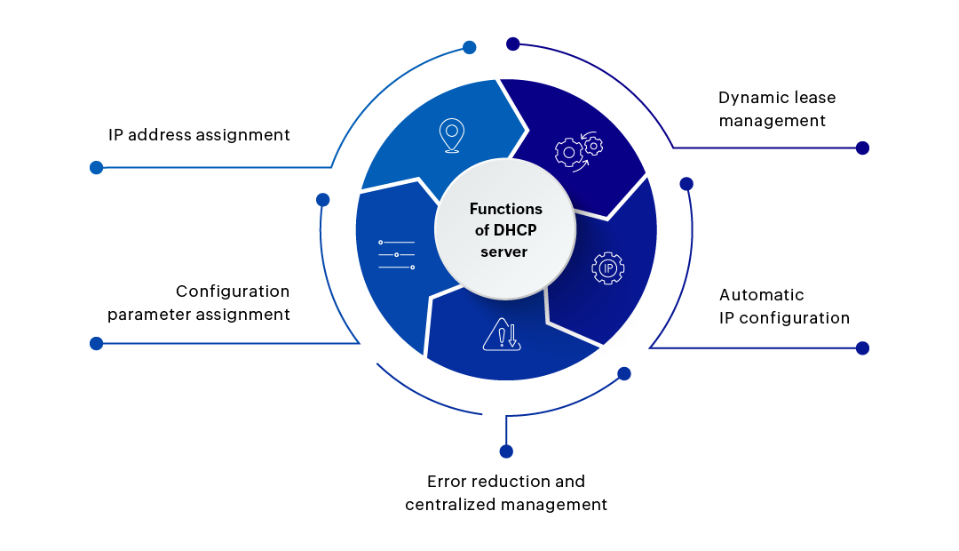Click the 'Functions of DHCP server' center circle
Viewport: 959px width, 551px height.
[x=505, y=230]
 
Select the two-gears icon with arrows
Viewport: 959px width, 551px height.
[x=578, y=150]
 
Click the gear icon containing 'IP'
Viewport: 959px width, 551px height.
[x=608, y=268]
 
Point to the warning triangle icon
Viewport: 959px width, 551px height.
[x=500, y=335]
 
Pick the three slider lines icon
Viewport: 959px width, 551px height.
[x=396, y=254]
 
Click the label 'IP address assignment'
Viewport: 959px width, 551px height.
[x=199, y=135]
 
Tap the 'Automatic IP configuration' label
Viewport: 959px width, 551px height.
[x=784, y=307]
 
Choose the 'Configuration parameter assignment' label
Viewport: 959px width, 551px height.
[x=199, y=303]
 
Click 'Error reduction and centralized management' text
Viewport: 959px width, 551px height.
[x=506, y=493]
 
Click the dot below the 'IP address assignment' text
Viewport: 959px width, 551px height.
[x=97, y=167]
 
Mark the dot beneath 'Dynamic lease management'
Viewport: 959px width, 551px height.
[x=862, y=148]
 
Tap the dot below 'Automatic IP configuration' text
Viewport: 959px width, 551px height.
[x=862, y=348]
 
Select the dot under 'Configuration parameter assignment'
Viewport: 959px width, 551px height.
[x=97, y=343]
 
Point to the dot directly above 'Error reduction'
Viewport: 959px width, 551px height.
[x=506, y=451]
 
